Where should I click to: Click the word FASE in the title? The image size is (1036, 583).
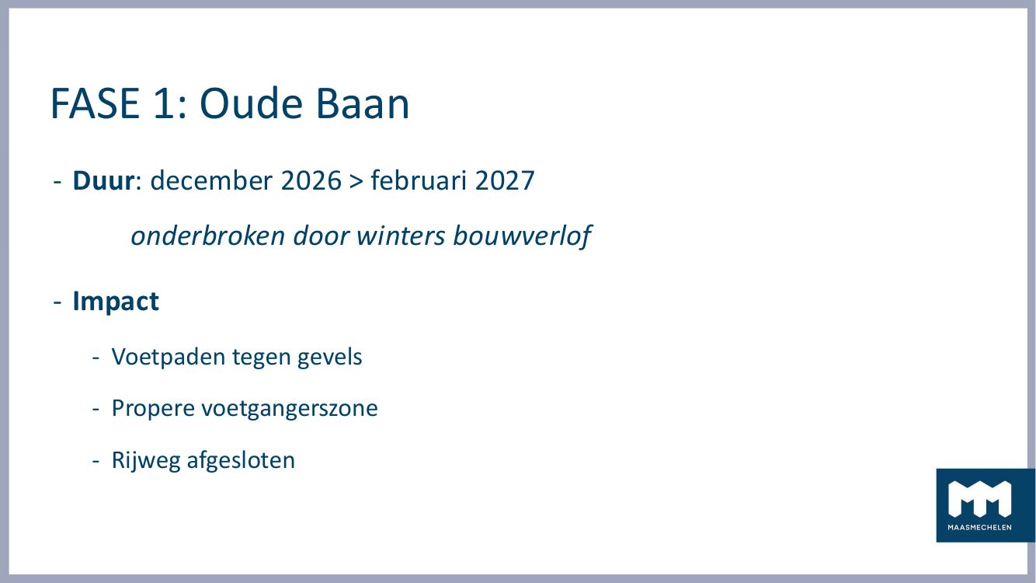coord(95,103)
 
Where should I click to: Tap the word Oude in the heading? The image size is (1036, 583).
coord(251,103)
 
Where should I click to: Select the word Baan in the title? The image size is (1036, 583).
coord(362,103)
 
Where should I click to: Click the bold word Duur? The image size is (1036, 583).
coord(103,180)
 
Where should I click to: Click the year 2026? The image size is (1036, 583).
coord(311,180)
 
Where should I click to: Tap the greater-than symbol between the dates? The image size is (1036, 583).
coord(356,181)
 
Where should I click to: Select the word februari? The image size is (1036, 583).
coord(418,180)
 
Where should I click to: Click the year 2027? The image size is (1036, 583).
coord(505,180)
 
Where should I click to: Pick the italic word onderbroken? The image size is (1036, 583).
coord(207,236)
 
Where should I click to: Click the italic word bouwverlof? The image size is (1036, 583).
coord(522,236)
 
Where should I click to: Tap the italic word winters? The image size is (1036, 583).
coord(401,236)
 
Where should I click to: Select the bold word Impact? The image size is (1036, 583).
coord(116,302)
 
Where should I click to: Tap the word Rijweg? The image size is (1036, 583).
coord(146,461)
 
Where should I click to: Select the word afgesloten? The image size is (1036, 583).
coord(241,460)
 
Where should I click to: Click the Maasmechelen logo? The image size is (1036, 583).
coord(985,505)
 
